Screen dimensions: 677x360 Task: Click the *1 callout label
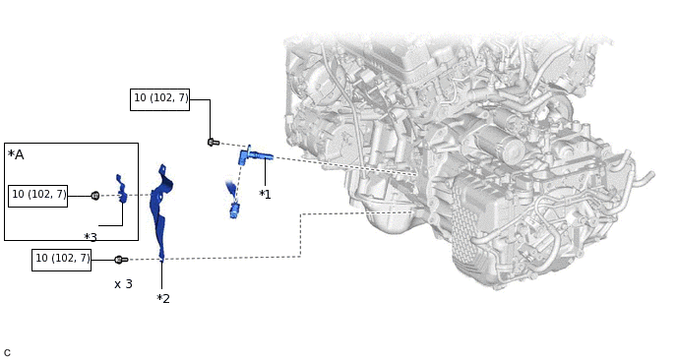click(265, 195)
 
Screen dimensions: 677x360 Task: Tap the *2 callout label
click(163, 298)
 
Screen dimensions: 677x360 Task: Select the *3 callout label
click(91, 237)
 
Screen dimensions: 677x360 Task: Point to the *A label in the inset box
click(16, 154)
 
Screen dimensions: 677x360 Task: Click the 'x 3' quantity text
click(123, 284)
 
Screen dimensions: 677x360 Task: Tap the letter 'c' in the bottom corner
click(7, 353)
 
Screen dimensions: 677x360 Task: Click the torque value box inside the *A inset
click(38, 196)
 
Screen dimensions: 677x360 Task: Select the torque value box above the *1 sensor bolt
click(159, 99)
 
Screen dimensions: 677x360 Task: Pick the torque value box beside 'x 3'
click(61, 260)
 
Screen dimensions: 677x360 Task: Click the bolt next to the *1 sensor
click(213, 142)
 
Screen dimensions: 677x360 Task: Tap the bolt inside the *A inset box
click(95, 196)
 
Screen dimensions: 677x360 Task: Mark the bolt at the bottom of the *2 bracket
click(120, 260)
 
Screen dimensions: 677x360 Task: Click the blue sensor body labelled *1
click(254, 155)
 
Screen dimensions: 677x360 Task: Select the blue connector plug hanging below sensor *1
click(234, 210)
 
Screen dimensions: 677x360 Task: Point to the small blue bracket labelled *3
click(121, 188)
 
